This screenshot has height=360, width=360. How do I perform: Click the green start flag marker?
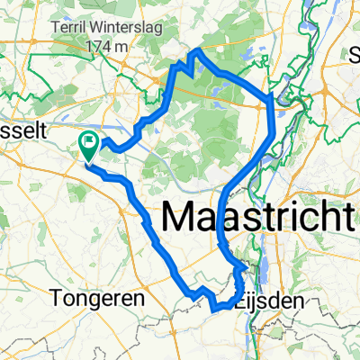[x=90, y=142]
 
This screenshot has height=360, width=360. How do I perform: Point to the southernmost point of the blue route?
[x=217, y=309]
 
